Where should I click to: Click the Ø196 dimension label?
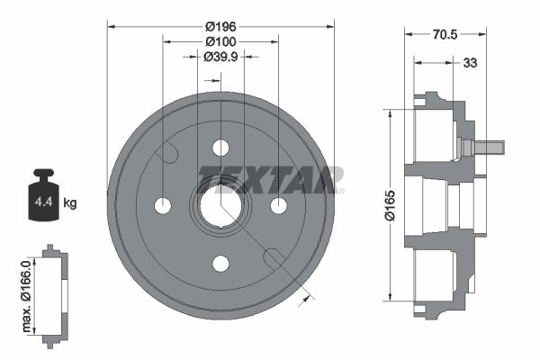(220, 26)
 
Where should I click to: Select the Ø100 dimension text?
(220, 41)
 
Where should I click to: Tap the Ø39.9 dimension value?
(220, 57)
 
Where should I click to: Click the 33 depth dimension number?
(469, 63)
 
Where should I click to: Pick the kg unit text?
(70, 203)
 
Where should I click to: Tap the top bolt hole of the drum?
(220, 148)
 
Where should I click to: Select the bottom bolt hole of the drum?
(220, 263)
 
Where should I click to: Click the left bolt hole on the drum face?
(163, 205)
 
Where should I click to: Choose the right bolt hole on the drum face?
(278, 205)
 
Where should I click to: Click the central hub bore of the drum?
(220, 205)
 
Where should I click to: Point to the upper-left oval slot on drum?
(166, 152)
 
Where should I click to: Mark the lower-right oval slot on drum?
(274, 259)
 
